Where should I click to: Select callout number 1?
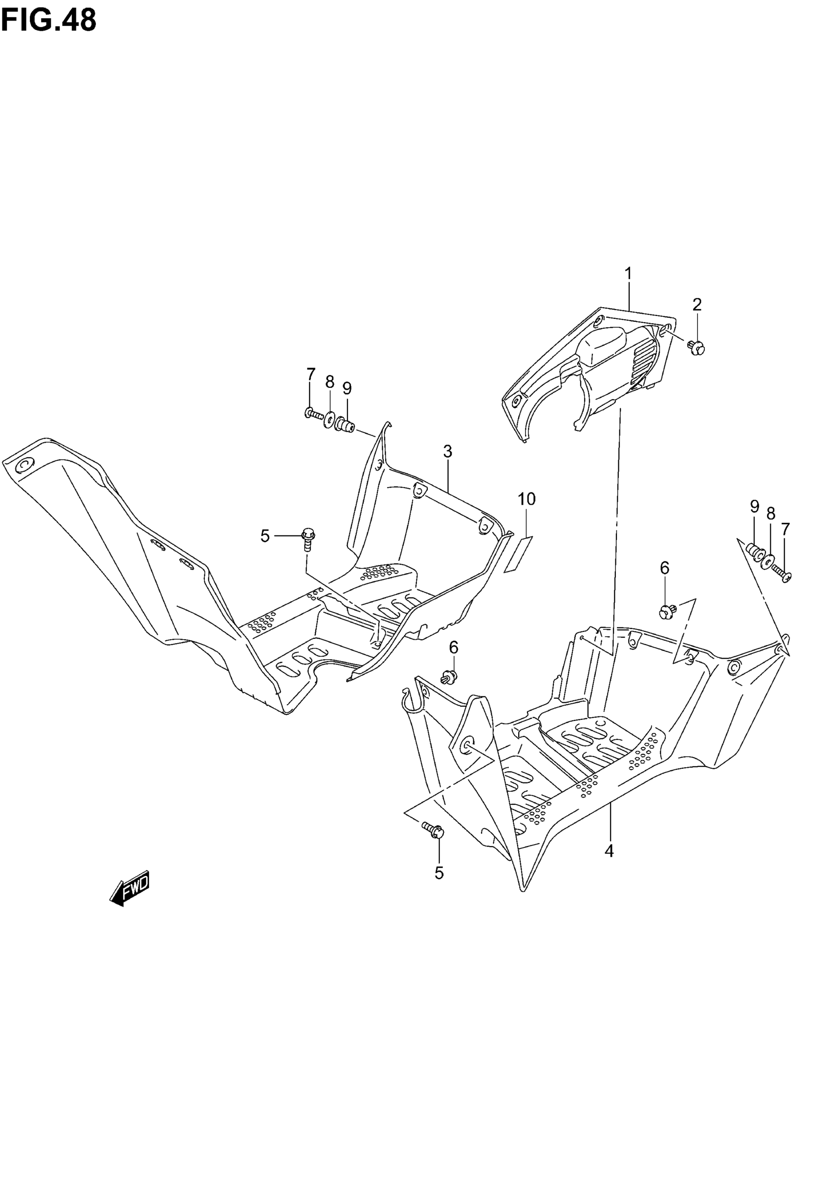(x=629, y=273)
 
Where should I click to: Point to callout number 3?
(x=447, y=451)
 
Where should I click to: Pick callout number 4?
(x=609, y=851)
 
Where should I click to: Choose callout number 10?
(x=526, y=499)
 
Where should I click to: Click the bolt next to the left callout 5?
(x=308, y=537)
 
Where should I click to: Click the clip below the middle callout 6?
(x=449, y=677)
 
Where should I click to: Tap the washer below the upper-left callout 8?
(x=329, y=418)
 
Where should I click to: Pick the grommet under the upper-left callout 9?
(x=345, y=425)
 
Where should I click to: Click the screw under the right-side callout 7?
(x=781, y=573)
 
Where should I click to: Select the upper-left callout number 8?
(x=329, y=382)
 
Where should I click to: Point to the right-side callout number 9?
(x=754, y=506)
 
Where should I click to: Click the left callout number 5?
(x=265, y=535)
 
